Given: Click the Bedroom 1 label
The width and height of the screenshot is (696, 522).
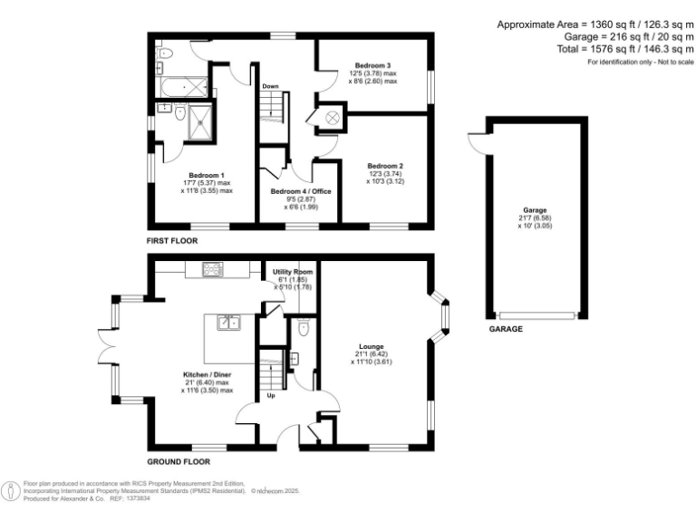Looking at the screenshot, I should pyautogui.click(x=206, y=175).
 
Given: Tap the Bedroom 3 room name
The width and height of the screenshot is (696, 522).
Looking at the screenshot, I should pyautogui.click(x=372, y=65).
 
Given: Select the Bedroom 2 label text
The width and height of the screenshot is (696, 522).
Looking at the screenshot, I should pyautogui.click(x=384, y=166).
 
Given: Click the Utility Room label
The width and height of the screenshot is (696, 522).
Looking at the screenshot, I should pyautogui.click(x=293, y=272).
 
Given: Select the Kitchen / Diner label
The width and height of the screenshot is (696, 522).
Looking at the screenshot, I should pyautogui.click(x=207, y=373).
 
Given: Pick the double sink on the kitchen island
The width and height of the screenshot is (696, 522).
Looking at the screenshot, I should pyautogui.click(x=227, y=322).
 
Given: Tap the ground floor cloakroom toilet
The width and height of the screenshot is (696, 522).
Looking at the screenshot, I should pyautogui.click(x=303, y=328).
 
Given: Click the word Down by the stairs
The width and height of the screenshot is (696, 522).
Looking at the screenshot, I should pyautogui.click(x=270, y=86).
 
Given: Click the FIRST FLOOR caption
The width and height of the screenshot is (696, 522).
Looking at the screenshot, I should pyautogui.click(x=173, y=241).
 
